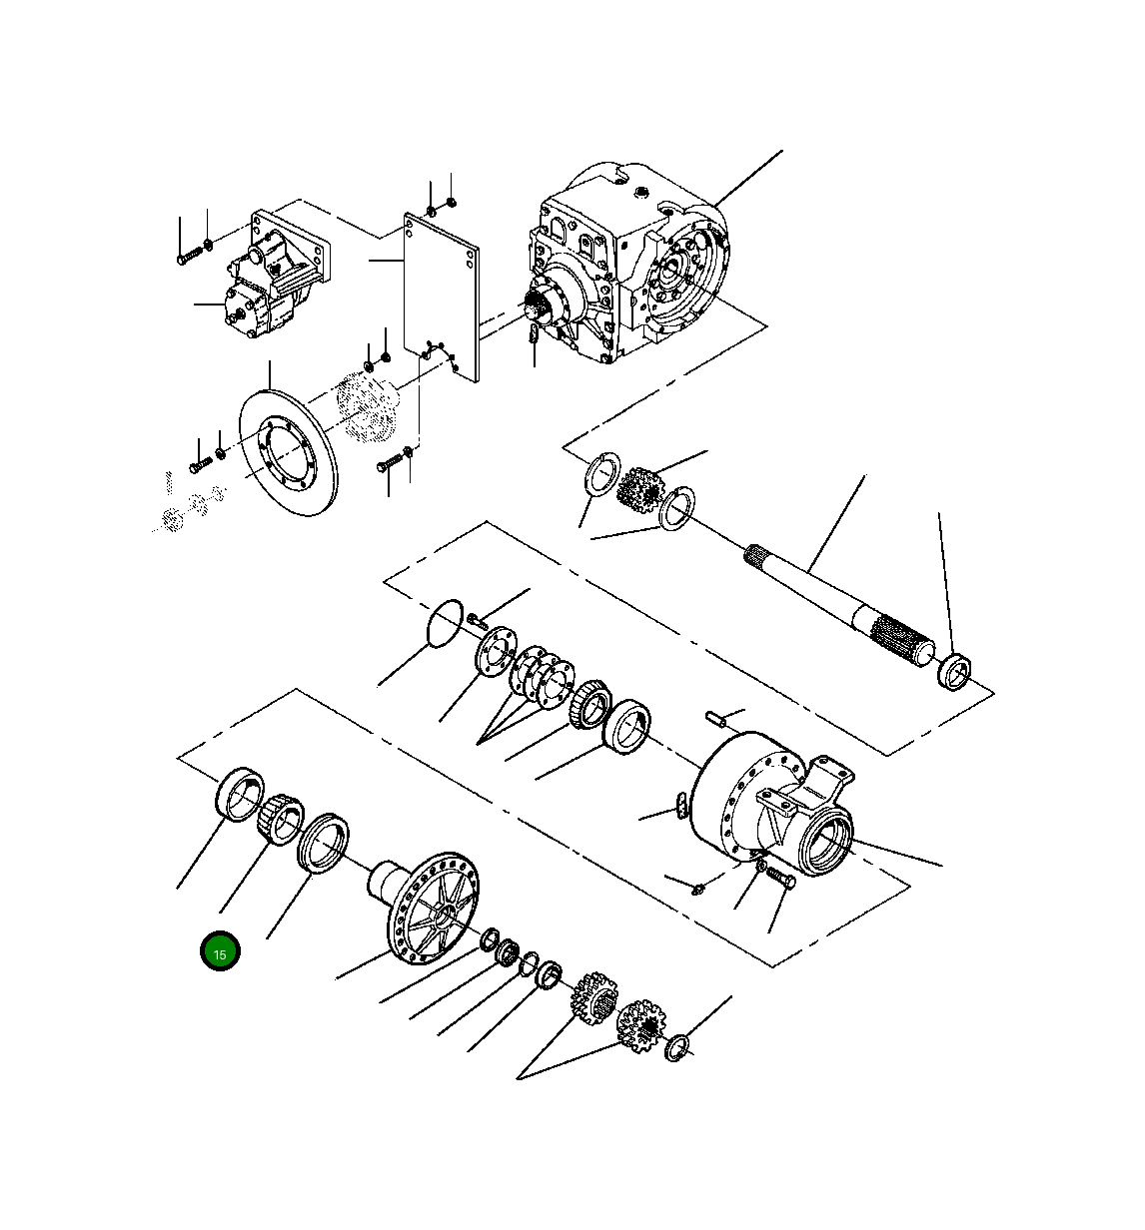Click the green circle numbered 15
(x=220, y=952)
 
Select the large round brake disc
(x=290, y=451)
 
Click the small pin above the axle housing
(x=716, y=716)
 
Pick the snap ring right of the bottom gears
(x=677, y=1047)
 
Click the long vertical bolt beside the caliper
(x=181, y=242)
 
